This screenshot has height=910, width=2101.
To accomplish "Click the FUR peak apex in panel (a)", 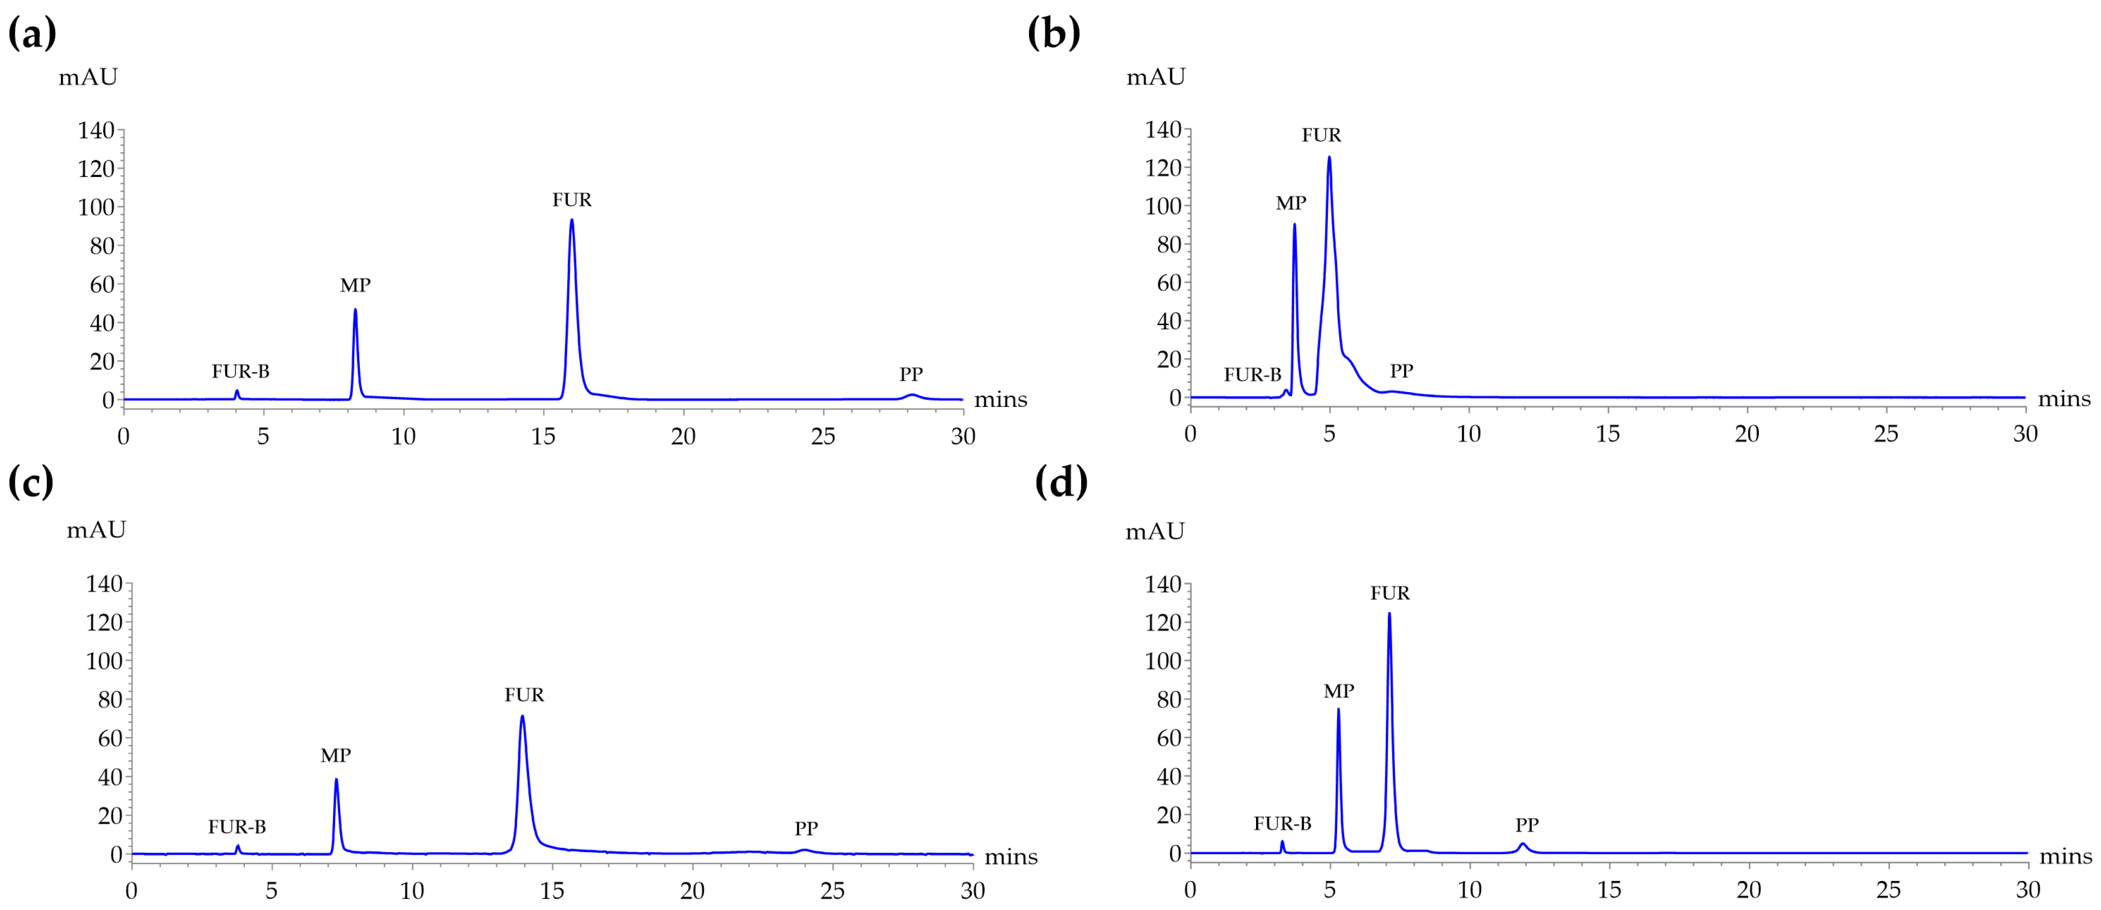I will pyautogui.click(x=572, y=220).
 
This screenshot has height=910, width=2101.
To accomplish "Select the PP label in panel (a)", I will pyautogui.click(x=911, y=374).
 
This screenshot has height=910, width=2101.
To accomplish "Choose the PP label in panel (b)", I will pyautogui.click(x=1401, y=370).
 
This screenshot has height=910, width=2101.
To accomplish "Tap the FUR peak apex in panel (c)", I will pyautogui.click(x=522, y=717).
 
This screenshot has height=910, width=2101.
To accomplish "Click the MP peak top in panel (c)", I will pyautogui.click(x=336, y=780).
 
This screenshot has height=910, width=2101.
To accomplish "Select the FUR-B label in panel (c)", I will pyautogui.click(x=237, y=827).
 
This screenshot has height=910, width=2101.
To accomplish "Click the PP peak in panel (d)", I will pyautogui.click(x=1522, y=844).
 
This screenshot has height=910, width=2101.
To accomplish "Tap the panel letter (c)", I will pyautogui.click(x=31, y=482).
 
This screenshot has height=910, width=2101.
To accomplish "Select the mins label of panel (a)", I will pyautogui.click(x=1000, y=400).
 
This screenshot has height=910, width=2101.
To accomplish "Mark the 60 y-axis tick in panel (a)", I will pyautogui.click(x=102, y=284).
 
